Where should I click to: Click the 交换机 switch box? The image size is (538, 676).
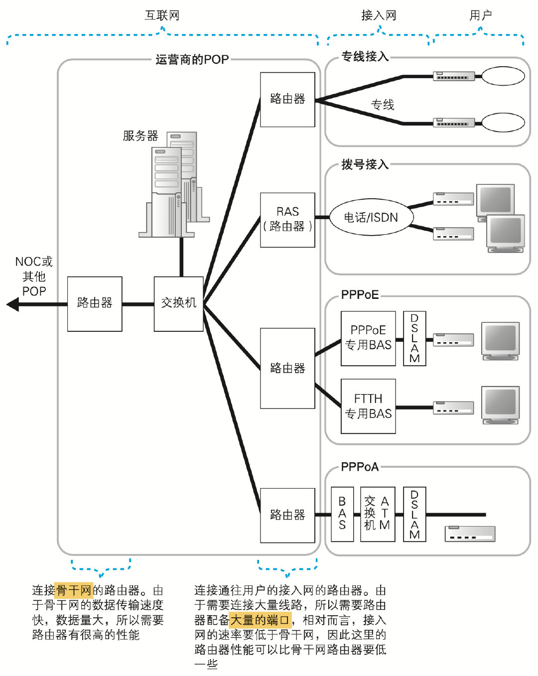(x=179, y=304)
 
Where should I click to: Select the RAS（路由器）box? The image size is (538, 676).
(x=287, y=220)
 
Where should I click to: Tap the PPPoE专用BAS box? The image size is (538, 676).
(x=368, y=338)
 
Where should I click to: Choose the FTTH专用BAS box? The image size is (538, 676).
(x=368, y=406)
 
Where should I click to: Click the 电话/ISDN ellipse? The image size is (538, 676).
(x=371, y=217)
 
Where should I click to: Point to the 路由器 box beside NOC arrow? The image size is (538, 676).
(x=95, y=304)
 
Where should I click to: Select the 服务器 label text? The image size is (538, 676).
(x=140, y=135)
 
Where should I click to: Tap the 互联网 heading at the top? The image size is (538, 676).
(x=162, y=15)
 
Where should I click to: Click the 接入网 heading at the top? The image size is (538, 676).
(x=379, y=15)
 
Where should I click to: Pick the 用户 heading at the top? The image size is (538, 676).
(x=481, y=15)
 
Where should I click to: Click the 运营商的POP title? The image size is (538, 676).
(x=192, y=60)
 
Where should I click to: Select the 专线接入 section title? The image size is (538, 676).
(x=365, y=57)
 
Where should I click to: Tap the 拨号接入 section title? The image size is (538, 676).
(x=365, y=164)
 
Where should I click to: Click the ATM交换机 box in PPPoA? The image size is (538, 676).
(x=377, y=514)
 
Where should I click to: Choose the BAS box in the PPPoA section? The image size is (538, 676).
(x=342, y=514)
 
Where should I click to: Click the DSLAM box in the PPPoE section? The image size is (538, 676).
(x=414, y=338)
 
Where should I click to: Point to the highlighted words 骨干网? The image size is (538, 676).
(x=74, y=590)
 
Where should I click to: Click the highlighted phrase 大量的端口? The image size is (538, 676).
(x=260, y=620)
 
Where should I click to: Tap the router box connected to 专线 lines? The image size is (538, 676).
(x=287, y=100)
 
